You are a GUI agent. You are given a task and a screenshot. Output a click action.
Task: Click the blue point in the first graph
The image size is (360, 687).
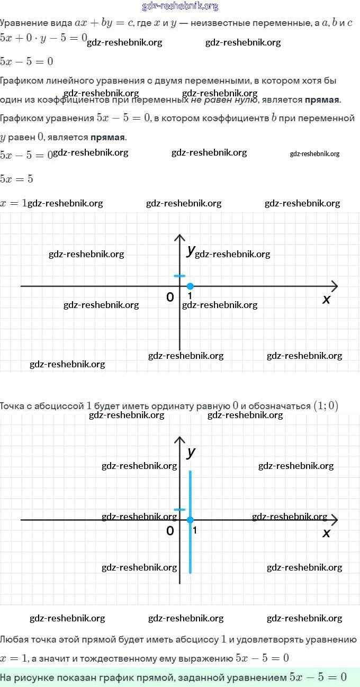[x=190, y=286]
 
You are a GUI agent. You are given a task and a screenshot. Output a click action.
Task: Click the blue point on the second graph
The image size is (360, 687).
[x=190, y=520]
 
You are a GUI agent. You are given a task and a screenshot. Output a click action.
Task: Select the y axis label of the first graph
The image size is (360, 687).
[x=191, y=251]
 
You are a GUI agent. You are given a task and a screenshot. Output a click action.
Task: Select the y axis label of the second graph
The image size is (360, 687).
[x=191, y=453]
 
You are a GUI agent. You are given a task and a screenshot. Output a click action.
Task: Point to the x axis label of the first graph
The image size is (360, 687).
[x=327, y=300]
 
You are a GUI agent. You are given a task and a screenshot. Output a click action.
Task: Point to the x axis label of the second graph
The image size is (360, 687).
[x=326, y=533]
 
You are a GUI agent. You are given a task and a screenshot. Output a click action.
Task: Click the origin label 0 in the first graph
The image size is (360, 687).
[x=170, y=297]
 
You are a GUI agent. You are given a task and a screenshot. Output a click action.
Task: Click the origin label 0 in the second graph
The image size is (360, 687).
[x=170, y=530]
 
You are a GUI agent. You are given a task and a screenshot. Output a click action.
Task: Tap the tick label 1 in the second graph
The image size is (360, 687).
[x=194, y=530]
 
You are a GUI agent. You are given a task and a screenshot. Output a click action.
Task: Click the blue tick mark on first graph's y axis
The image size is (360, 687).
[x=180, y=276]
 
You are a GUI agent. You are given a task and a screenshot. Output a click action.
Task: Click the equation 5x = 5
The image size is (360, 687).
[x=16, y=179]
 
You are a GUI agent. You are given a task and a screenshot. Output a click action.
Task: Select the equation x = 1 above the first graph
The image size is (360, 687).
[x=13, y=203]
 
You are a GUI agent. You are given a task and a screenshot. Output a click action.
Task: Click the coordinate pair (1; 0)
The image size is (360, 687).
[x=326, y=406]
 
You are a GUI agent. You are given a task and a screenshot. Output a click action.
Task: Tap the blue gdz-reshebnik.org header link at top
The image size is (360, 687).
[x=180, y=6]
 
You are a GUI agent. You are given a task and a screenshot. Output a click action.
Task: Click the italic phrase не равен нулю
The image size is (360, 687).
[x=224, y=100]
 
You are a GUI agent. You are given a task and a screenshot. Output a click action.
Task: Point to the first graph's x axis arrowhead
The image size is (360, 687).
[x=335, y=286]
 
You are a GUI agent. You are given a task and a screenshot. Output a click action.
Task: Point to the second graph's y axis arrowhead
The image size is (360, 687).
[x=180, y=440]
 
